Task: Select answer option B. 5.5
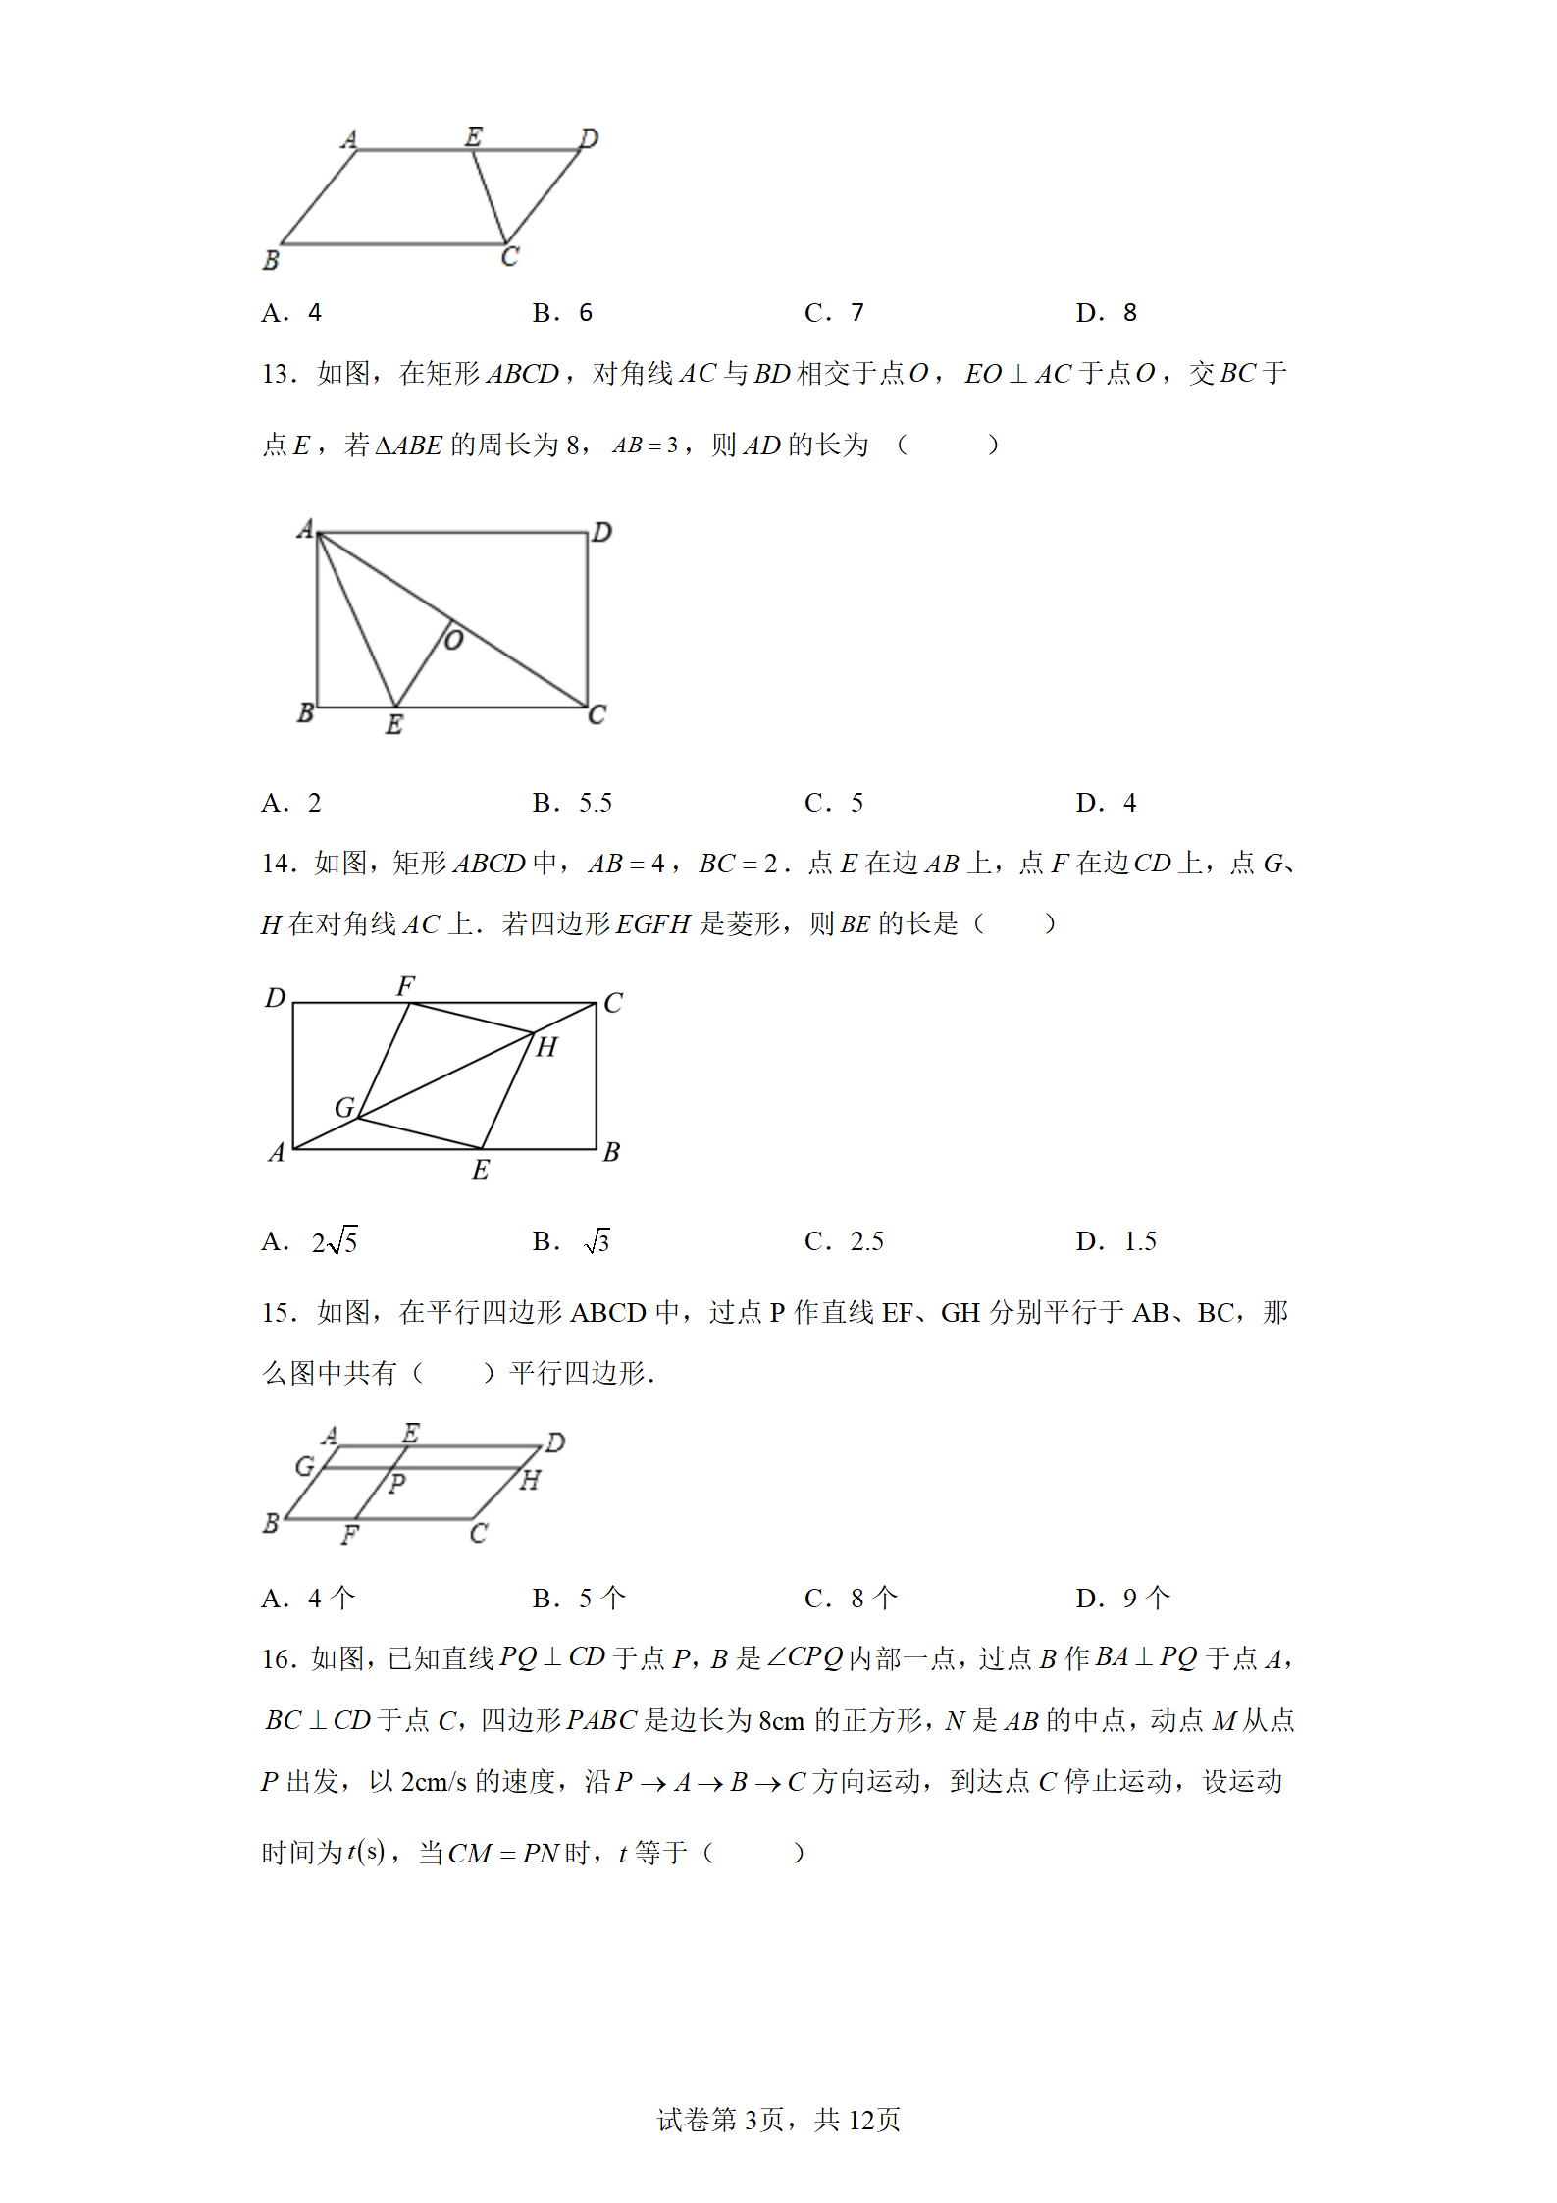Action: (572, 803)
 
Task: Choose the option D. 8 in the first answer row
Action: (1106, 313)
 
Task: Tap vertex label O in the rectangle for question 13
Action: (454, 641)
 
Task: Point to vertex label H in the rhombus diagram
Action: (546, 1047)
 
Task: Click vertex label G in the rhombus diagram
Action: (343, 1108)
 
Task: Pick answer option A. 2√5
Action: (310, 1242)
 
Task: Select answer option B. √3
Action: (572, 1242)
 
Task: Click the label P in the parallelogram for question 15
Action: (397, 1483)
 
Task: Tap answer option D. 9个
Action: (1122, 1599)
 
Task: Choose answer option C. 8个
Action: (851, 1599)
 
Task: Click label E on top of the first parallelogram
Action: (474, 136)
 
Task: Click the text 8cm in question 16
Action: (781, 1721)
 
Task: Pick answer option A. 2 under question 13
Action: (291, 803)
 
